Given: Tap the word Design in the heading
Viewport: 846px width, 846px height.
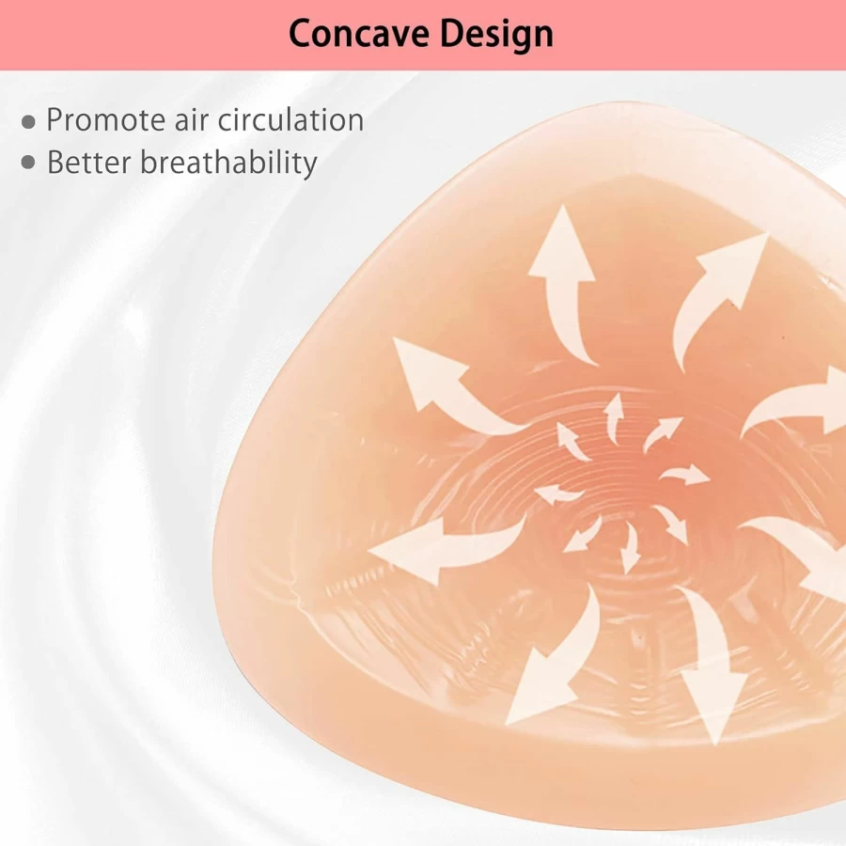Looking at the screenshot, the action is click(x=496, y=35).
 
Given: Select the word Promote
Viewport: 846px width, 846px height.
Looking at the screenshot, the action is click(x=105, y=119).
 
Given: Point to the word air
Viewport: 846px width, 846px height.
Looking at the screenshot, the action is click(x=191, y=119).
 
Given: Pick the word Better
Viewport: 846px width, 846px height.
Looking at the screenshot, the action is click(x=89, y=163).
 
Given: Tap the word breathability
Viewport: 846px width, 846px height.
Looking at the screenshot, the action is click(x=228, y=164).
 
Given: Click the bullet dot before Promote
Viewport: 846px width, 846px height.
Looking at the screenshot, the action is click(x=28, y=122).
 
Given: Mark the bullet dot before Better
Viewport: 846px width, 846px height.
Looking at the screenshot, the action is click(x=28, y=163).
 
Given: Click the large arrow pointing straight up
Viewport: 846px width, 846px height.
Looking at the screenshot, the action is click(x=563, y=286).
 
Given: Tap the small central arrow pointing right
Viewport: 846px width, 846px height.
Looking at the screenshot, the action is click(x=684, y=475).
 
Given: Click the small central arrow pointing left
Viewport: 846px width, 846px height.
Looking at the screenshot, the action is click(x=558, y=493).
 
